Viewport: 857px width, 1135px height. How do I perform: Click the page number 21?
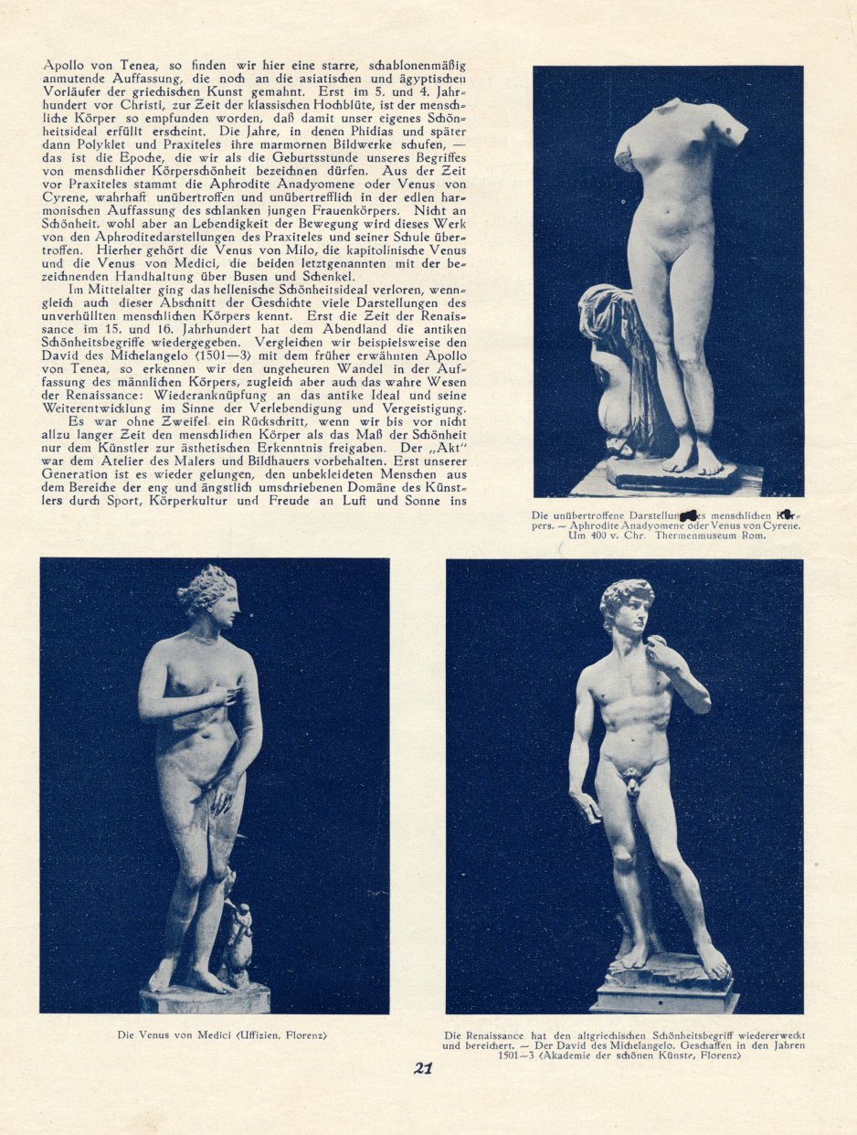422,1067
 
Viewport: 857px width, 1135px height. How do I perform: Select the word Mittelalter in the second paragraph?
113,290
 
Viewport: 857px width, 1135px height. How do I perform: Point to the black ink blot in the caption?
691,517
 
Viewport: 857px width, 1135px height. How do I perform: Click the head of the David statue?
626,605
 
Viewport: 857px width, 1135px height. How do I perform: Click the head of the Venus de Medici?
208,592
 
